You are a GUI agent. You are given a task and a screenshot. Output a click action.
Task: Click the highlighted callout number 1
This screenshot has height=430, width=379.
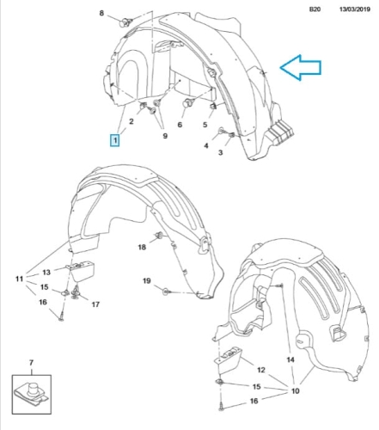pos(115,140)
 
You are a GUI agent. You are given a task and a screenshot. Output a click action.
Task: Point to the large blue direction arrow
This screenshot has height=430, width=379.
pos(301,68)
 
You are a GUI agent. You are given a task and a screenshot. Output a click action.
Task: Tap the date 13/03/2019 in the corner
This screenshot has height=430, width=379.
pos(355,9)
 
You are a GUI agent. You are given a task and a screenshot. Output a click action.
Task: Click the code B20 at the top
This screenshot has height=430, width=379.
pos(315,9)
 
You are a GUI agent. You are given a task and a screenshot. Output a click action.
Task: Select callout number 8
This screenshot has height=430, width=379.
pos(101,13)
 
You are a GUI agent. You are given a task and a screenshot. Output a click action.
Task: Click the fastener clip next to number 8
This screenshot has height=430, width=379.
pos(125,21)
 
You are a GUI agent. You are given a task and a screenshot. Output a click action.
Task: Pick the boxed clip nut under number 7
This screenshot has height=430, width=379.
pos(32,394)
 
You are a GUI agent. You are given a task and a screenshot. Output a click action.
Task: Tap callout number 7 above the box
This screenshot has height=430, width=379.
pos(31,363)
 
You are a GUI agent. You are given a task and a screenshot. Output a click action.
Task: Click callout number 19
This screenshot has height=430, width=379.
pos(147,281)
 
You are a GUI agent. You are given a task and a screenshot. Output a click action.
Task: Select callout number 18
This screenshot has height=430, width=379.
pos(142,247)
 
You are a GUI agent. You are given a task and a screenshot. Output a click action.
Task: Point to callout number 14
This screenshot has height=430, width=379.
pos(290,359)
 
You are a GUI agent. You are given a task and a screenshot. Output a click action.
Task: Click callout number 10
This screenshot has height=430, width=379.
pos(296,390)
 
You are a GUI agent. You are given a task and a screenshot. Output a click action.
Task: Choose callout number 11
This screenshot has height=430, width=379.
pos(19,279)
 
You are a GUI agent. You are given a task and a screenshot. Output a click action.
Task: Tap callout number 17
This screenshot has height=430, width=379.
pos(95,304)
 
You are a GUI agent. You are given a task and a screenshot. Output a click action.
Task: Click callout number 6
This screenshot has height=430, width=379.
pos(180,125)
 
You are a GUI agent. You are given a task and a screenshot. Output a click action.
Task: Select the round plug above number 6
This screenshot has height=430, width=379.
pos(188,102)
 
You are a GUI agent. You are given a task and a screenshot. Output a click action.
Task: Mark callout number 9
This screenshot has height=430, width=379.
pos(165,136)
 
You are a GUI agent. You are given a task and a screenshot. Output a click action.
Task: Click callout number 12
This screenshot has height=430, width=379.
pos(261,370)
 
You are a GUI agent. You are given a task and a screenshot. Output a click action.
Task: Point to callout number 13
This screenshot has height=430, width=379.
pos(46,273)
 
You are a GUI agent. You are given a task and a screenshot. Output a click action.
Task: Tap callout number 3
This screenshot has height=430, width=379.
pos(220,152)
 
